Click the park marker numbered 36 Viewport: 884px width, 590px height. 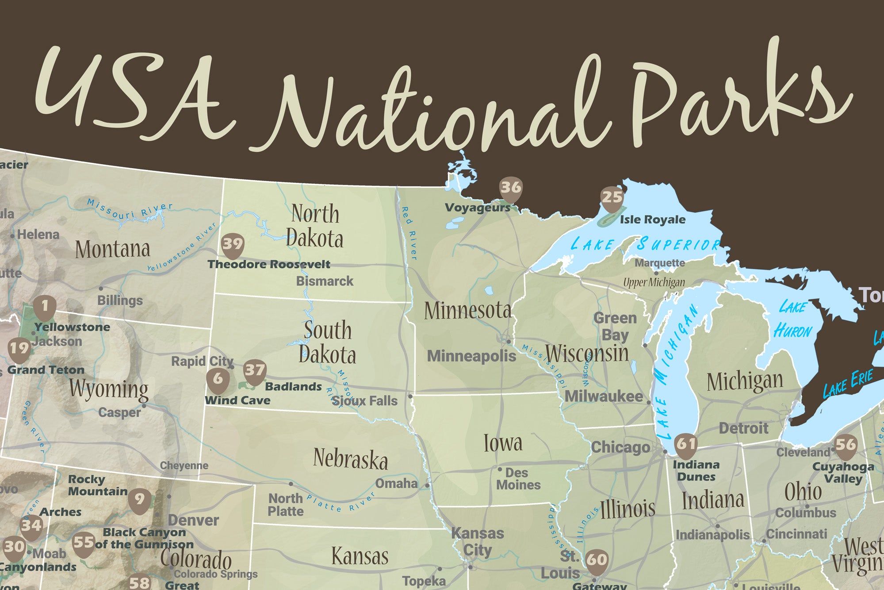(x=511, y=188)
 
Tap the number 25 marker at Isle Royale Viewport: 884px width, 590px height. (x=612, y=197)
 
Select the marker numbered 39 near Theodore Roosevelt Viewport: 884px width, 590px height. (x=233, y=244)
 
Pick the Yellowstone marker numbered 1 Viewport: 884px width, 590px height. (x=45, y=306)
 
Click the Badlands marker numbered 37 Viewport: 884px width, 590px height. (x=255, y=370)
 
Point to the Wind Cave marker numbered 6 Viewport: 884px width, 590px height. (x=218, y=379)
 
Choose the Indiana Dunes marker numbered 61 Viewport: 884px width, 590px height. (x=686, y=443)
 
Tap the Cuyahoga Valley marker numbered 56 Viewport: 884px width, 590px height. (x=845, y=445)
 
